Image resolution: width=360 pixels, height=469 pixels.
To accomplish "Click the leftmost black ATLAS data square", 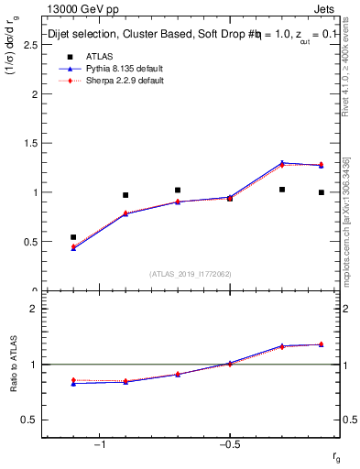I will point(73,237).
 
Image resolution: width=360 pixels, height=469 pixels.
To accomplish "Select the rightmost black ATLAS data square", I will point(321,192).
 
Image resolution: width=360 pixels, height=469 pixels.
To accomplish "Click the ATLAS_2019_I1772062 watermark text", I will point(191,273).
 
